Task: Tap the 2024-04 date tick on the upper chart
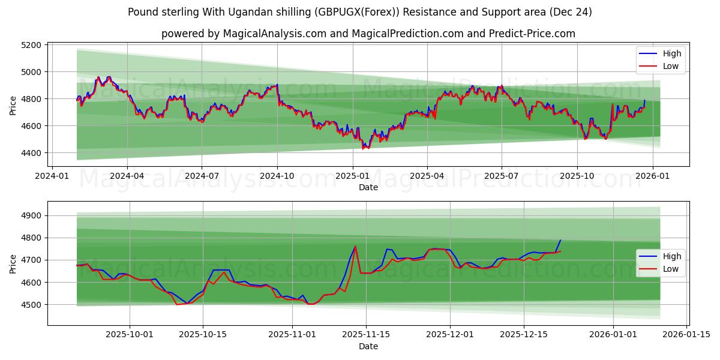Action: pos(127,176)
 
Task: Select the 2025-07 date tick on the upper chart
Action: pos(501,176)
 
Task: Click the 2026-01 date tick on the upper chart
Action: pos(652,176)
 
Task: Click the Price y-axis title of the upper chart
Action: pos(13,104)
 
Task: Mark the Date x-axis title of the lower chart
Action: pos(368,346)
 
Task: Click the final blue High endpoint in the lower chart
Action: pos(560,241)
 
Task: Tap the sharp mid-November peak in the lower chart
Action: pos(355,246)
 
